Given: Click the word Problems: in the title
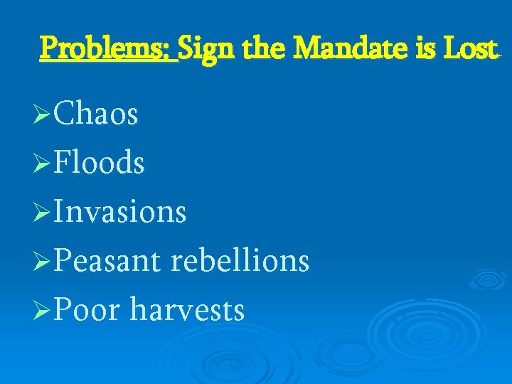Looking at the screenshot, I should (x=109, y=48).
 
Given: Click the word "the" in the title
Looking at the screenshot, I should (x=264, y=48).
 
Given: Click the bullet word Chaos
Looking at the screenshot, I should (x=96, y=114).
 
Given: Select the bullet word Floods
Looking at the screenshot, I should (x=100, y=164).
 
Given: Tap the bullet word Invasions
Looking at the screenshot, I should (x=120, y=212).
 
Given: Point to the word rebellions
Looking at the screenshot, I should (x=240, y=261).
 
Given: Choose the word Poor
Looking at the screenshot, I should (x=87, y=310).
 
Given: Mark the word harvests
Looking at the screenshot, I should (x=188, y=310).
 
